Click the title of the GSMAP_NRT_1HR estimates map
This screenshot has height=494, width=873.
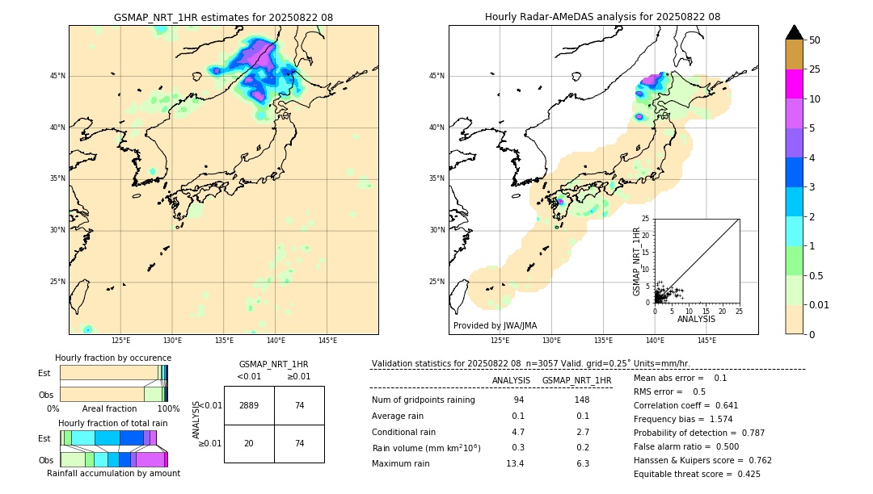[x=223, y=17]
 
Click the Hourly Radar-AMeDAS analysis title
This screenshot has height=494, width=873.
[x=602, y=17]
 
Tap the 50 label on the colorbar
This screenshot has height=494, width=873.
[x=815, y=40]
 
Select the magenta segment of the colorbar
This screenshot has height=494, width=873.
[x=794, y=84]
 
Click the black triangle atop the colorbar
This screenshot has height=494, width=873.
[x=794, y=32]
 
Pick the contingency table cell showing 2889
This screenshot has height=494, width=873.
[x=249, y=405]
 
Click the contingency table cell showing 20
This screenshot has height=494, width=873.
[x=249, y=443]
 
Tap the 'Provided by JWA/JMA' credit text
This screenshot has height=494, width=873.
[x=495, y=325]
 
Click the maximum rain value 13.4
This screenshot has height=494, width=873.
[x=515, y=463]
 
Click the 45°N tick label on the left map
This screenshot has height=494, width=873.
[x=57, y=76]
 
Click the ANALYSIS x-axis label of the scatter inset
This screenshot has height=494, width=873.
[x=696, y=319]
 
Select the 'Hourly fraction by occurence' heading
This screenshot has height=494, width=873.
[x=113, y=358]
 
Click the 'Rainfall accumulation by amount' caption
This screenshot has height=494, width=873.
[x=113, y=473]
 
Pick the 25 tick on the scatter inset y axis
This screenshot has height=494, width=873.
[x=646, y=219]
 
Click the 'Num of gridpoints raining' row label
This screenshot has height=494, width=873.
[x=423, y=400]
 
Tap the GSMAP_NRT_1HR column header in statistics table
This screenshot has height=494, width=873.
[x=576, y=380]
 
